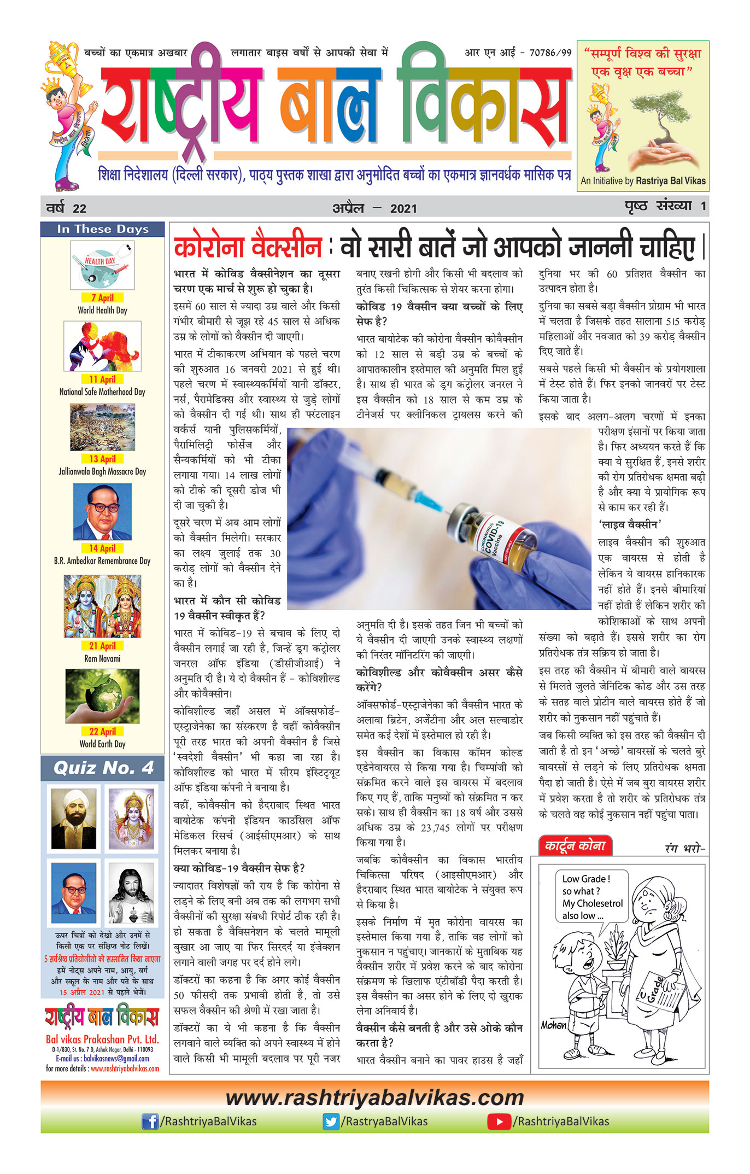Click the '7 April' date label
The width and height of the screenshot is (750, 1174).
[x=102, y=297]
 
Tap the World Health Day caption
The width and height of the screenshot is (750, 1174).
[x=102, y=310]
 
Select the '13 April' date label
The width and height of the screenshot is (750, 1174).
[x=102, y=459]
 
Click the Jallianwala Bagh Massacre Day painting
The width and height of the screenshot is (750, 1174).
[x=102, y=428]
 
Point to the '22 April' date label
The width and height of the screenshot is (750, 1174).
[x=102, y=731]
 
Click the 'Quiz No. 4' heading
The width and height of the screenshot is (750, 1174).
[x=103, y=768]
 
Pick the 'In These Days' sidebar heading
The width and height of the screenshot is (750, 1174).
[x=103, y=229]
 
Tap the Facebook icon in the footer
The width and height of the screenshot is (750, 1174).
[x=150, y=1122]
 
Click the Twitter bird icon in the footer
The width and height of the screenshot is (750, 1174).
[x=331, y=1122]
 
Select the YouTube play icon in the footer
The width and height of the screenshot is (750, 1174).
[x=499, y=1122]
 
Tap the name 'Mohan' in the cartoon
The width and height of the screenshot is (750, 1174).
[x=554, y=1025]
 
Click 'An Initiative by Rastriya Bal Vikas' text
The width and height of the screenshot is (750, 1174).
[x=643, y=181]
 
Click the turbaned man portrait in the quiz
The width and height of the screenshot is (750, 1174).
[x=74, y=819]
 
